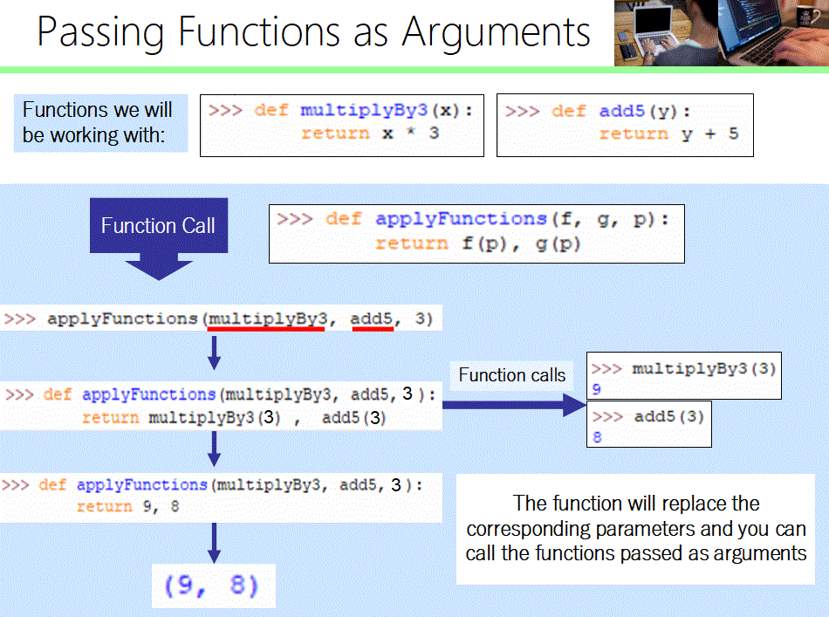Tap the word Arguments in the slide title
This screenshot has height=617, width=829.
point(496,32)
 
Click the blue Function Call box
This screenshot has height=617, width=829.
point(158,225)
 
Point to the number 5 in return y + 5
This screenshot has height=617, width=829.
point(733,134)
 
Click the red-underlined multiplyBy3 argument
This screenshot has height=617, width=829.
point(265,319)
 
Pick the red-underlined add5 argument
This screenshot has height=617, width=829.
point(372,319)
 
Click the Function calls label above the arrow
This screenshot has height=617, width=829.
point(511,375)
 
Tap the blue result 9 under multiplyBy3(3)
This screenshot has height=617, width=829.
point(596,389)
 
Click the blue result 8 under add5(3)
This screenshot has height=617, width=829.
point(598,438)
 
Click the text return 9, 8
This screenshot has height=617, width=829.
point(127,507)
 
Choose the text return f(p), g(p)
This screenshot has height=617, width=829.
point(478,243)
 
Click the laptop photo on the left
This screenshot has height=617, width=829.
point(665,32)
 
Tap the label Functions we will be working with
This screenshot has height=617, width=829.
point(98,123)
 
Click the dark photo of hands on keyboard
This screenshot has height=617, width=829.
point(772,32)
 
